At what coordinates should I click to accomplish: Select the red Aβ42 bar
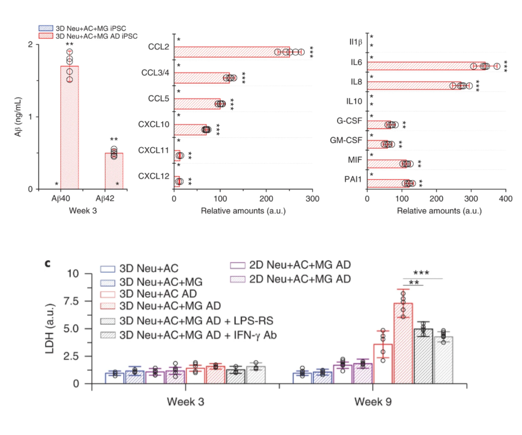pos(114,171)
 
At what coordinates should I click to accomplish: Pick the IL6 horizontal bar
pos(426,66)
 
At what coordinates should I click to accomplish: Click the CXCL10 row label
pos(154,124)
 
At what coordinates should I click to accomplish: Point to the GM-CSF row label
pos(346,140)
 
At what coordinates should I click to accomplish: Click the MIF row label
pos(355,160)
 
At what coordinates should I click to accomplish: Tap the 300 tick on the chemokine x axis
pos(312,199)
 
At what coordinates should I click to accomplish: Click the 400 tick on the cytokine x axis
pos(506,199)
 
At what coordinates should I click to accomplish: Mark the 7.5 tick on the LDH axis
pos(73,301)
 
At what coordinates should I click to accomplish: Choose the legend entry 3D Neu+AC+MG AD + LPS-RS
pos(196,321)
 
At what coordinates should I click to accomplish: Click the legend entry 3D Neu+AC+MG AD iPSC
pos(97,36)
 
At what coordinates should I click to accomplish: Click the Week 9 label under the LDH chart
pos(373,402)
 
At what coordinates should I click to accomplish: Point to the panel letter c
pos(48,263)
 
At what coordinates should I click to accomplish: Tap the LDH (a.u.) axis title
pos(50,328)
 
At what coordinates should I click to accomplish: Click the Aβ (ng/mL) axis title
pos(18,117)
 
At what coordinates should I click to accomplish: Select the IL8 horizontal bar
pos(414,86)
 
